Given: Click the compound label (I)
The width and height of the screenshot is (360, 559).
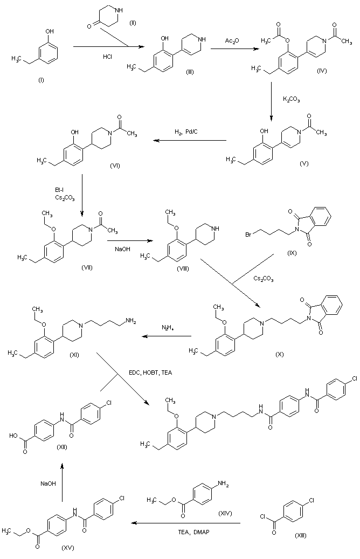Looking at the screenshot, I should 40,80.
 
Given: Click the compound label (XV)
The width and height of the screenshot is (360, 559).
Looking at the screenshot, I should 68,548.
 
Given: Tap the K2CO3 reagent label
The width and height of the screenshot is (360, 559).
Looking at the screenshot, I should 292,99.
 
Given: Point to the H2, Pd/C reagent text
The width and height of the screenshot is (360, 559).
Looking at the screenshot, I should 185,133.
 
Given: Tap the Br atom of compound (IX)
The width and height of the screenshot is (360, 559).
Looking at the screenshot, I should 249,234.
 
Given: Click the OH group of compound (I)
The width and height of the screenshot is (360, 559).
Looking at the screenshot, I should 50,32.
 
